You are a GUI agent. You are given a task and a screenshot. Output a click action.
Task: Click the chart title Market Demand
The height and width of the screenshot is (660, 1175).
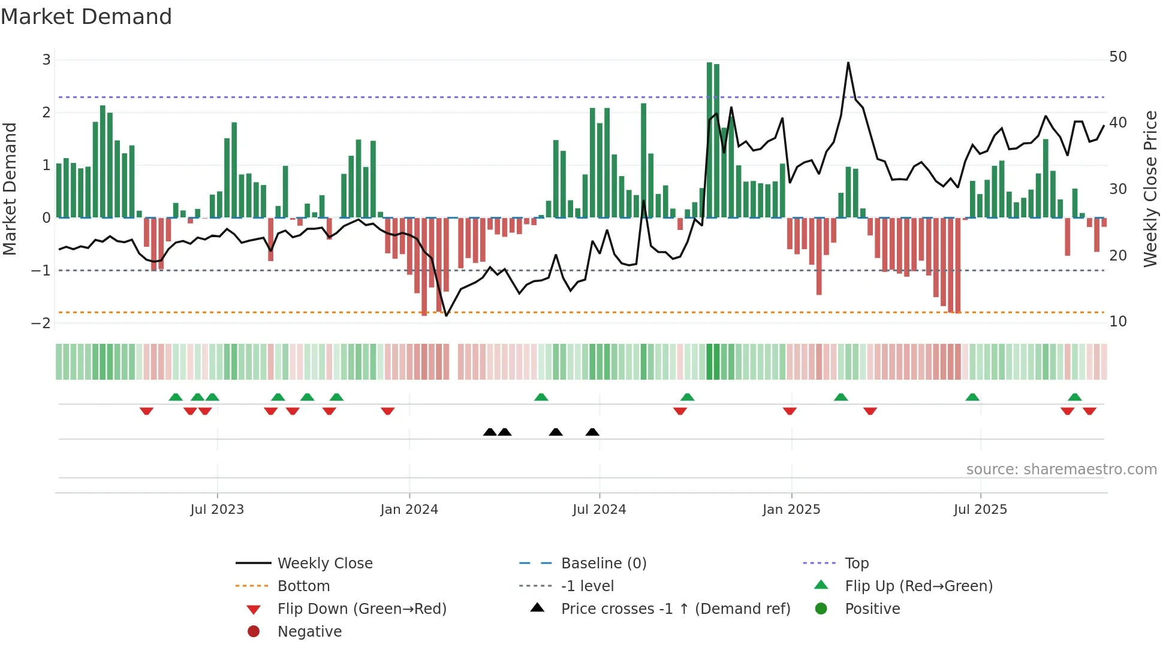click(86, 17)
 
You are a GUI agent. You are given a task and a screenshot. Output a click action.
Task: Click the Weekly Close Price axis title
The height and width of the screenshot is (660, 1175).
click(1150, 189)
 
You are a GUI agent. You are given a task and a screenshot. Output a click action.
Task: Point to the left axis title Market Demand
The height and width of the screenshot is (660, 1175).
click(10, 189)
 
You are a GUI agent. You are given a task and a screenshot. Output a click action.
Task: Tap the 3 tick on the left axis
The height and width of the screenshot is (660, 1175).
click(46, 60)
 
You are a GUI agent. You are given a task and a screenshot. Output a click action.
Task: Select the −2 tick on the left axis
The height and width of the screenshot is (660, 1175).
click(41, 323)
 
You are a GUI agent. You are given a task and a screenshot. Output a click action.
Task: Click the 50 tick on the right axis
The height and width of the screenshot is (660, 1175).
click(1118, 57)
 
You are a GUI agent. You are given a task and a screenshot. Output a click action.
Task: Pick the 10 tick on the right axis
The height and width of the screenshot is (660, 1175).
click(1118, 322)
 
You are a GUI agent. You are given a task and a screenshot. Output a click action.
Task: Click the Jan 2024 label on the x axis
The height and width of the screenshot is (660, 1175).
click(409, 510)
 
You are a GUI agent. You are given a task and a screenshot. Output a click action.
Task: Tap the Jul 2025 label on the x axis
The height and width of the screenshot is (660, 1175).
click(980, 510)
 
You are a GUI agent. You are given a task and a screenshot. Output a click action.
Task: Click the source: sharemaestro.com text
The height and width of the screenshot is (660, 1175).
click(1061, 470)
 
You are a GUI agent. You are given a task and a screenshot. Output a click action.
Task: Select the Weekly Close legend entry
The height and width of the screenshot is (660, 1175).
click(324, 564)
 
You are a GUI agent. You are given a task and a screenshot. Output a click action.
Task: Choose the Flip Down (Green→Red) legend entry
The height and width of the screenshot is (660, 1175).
click(361, 609)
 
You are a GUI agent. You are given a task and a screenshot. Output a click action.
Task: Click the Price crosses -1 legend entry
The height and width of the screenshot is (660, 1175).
click(675, 609)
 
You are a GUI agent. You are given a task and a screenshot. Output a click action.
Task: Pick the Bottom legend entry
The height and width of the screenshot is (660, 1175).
click(303, 586)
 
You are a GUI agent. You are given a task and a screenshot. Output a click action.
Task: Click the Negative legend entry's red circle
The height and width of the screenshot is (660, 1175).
click(254, 632)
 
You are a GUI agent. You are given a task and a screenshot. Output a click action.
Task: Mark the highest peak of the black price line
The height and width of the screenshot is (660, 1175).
click(848, 62)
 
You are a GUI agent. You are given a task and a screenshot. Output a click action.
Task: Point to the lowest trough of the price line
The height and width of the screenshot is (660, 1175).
click(446, 316)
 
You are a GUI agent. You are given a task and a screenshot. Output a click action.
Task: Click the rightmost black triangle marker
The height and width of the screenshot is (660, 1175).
click(592, 432)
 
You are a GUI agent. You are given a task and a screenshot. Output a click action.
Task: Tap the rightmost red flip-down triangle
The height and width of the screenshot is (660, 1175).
click(1089, 411)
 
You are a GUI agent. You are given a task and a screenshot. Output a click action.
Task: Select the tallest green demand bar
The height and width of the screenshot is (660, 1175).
click(709, 140)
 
